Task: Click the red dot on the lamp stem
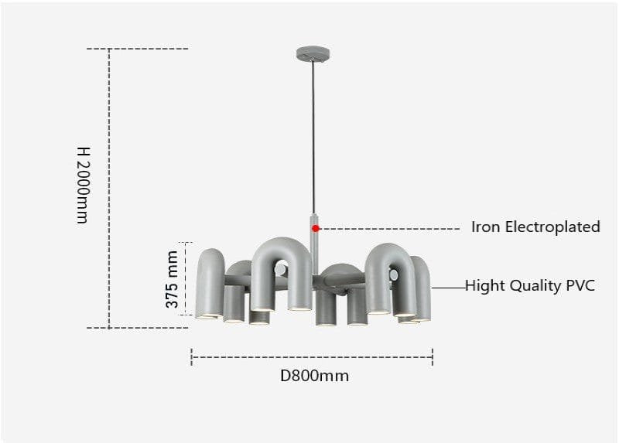click(315, 228)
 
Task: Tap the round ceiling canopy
click(313, 53)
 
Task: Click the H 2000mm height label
click(84, 186)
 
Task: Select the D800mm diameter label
click(314, 376)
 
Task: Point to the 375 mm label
click(172, 279)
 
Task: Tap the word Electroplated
click(552, 227)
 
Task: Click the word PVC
click(580, 285)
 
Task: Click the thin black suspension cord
click(313, 138)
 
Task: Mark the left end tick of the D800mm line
click(191, 357)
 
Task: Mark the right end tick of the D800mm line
click(433, 357)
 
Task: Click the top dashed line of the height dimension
click(138, 49)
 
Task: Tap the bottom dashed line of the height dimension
click(138, 327)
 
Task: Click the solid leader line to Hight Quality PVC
click(449, 288)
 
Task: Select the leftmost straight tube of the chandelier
click(210, 283)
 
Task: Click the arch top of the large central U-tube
click(282, 247)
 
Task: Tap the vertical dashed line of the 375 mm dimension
click(186, 278)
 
